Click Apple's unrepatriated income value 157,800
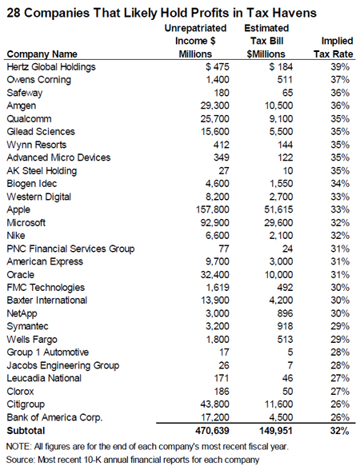[213, 209]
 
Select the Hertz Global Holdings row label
[51, 67]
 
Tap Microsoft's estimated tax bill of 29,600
[278, 223]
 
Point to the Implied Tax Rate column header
[334, 47]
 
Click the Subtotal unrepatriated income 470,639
[213, 431]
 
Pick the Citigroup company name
[26, 404]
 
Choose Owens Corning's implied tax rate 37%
[340, 80]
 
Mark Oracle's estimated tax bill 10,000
[278, 275]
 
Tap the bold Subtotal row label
[26, 431]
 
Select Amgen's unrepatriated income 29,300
[214, 106]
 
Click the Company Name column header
[42, 54]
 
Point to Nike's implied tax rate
[340, 236]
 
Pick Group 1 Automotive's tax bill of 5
[290, 352]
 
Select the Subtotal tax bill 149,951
[276, 431]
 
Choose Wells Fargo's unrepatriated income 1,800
[218, 339]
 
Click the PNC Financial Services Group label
[70, 249]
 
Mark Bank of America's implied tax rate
[340, 417]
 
